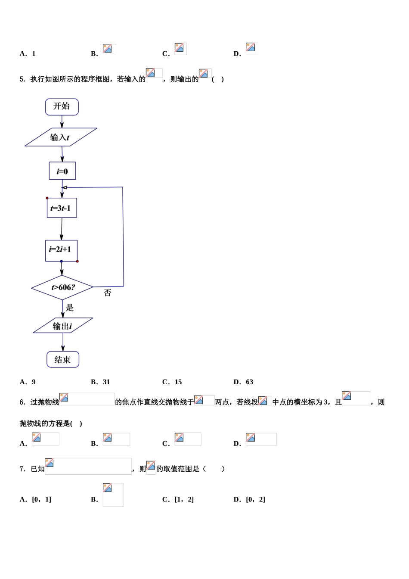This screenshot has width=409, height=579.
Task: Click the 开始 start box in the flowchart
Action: point(62,107)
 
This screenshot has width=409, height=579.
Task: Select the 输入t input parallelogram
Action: point(61,137)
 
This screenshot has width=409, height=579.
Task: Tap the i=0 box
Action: point(62,171)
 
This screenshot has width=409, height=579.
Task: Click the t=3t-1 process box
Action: point(62,208)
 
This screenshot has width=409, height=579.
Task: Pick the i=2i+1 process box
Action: point(61,250)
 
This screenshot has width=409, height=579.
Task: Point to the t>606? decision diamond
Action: point(62,287)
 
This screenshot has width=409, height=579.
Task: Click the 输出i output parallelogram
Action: point(63,326)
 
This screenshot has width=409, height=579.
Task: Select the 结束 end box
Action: point(63,359)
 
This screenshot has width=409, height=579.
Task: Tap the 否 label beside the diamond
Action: point(108,293)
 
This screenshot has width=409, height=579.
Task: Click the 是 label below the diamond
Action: point(70,308)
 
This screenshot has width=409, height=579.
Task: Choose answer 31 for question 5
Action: point(106,382)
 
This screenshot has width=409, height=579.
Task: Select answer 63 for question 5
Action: point(249,382)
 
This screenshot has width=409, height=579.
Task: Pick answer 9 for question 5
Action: point(34,382)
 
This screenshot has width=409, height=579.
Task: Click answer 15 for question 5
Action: point(178,382)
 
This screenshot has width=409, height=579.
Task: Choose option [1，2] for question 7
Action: point(184,499)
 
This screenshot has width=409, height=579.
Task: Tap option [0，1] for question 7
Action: point(41,499)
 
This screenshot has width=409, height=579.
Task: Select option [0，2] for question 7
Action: point(255,499)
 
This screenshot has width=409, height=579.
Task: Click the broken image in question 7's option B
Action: point(113,494)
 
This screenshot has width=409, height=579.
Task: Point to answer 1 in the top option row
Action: point(34,54)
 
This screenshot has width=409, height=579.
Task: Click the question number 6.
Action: point(22,402)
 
